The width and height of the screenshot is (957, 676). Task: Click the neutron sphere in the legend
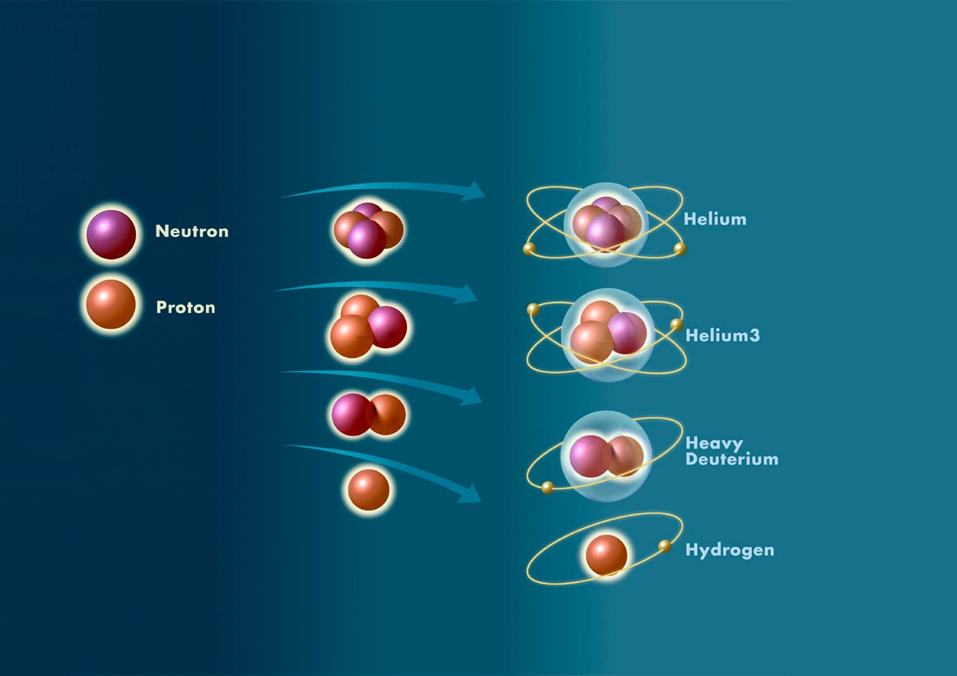111,235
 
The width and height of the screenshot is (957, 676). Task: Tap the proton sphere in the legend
110,305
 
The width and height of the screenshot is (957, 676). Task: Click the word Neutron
192,231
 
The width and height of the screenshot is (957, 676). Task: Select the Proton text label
185,308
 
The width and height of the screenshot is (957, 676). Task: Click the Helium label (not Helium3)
715,219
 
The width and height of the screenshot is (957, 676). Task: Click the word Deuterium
731,459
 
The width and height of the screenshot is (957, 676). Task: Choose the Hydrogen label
730,550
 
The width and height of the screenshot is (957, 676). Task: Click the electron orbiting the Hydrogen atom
665,546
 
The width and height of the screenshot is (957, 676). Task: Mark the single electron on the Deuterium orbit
548,487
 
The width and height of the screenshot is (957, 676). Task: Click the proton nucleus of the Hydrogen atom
606,555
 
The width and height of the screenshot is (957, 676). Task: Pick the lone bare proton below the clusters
368,490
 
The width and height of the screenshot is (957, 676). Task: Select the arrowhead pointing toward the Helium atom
472,192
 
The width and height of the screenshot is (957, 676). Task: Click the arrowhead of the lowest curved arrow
469,492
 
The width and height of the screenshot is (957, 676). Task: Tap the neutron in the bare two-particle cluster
352,414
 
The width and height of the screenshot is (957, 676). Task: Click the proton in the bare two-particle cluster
386,414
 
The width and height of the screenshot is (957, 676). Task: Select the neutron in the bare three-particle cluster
386,327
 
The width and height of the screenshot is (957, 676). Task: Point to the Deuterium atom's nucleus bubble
606,456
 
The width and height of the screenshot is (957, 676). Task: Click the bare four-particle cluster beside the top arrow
368,230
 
